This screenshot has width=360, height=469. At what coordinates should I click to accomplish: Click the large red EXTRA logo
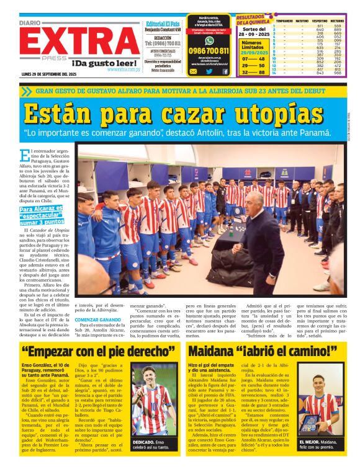[x=70, y=42]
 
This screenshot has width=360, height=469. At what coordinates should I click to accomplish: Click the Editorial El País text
[x=161, y=23]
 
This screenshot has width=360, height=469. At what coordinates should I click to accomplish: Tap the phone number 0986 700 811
[x=209, y=51]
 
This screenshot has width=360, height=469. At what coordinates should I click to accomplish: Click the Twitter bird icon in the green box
[x=209, y=71]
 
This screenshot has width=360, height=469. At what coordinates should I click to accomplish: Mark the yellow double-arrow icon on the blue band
[x=25, y=91]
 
